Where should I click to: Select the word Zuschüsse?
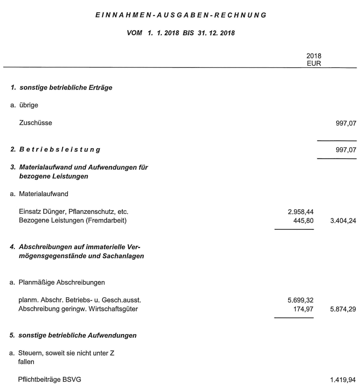(x=35, y=123)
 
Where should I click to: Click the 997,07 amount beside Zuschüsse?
(x=344, y=123)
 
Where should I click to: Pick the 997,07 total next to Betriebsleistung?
(x=344, y=149)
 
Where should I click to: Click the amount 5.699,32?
(x=301, y=301)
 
